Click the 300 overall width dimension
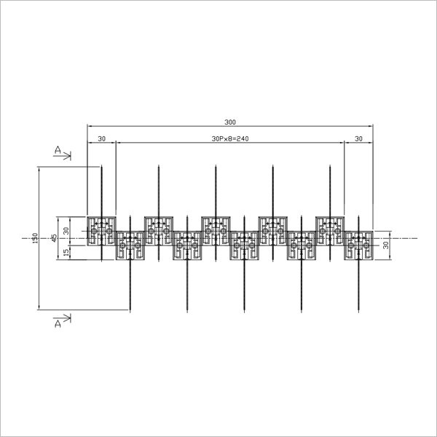click(x=230, y=122)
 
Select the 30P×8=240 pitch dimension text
click(x=230, y=138)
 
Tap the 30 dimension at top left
click(x=102, y=138)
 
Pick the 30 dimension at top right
click(x=358, y=138)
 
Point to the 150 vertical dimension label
click(x=35, y=238)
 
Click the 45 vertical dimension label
click(x=55, y=237)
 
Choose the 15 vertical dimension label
click(x=66, y=253)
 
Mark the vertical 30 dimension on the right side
click(x=386, y=245)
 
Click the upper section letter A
click(x=58, y=150)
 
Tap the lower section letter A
click(x=58, y=323)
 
